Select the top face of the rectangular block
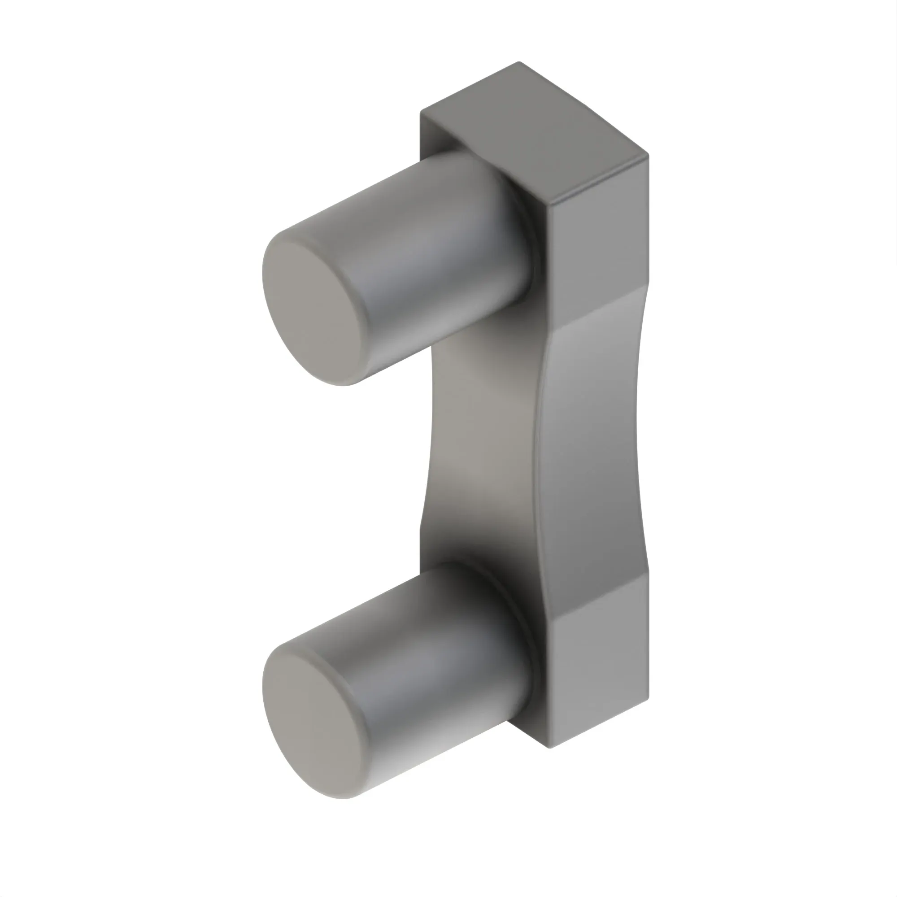click(534, 135)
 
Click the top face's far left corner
click(421, 111)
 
